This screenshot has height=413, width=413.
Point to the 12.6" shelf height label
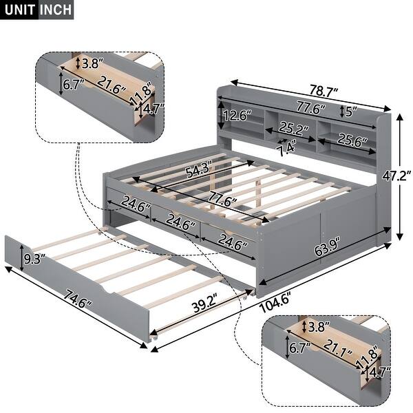(x=237, y=115)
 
